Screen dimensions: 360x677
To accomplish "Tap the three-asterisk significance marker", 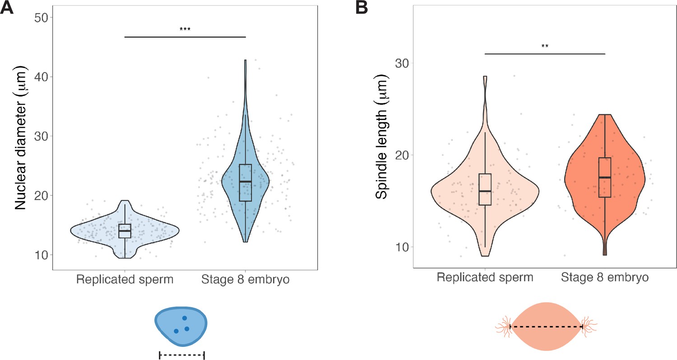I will (185, 30).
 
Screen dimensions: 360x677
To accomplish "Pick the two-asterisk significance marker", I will (545, 46).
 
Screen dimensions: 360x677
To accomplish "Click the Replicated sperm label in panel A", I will (125, 280).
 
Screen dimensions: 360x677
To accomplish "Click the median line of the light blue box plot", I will (125, 231).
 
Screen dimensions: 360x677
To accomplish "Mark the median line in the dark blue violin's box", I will (246, 181).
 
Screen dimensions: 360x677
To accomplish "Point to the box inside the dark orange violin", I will (605, 177).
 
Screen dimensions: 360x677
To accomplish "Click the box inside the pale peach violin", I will (485, 189).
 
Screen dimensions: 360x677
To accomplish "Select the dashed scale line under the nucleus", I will (182, 355).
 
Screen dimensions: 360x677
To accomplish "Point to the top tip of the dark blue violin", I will (246, 60).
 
